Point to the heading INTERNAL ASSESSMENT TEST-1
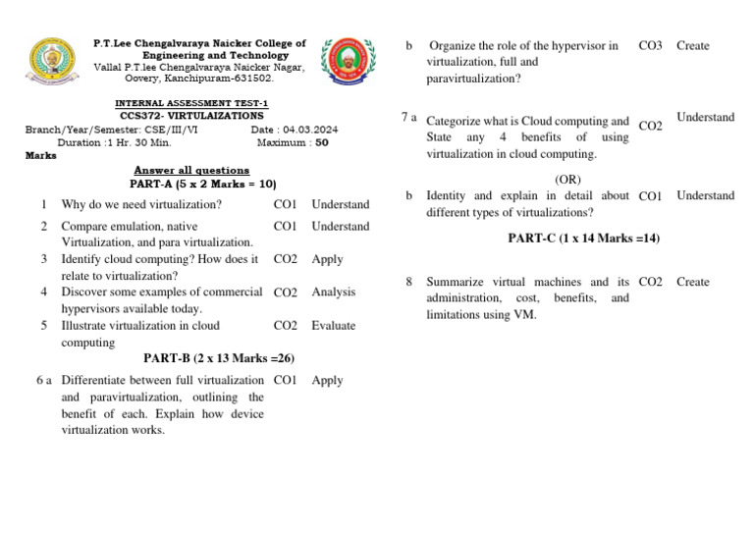point(191,103)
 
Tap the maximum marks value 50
point(322,142)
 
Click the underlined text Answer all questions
point(191,170)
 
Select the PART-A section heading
point(202,184)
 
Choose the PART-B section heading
point(218,358)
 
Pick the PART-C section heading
point(583,239)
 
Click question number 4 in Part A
point(45,292)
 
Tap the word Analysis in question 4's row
point(334,293)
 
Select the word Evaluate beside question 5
point(334,326)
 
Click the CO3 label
point(650,46)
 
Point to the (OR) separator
point(568,180)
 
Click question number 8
point(408,282)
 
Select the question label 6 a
point(43,380)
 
